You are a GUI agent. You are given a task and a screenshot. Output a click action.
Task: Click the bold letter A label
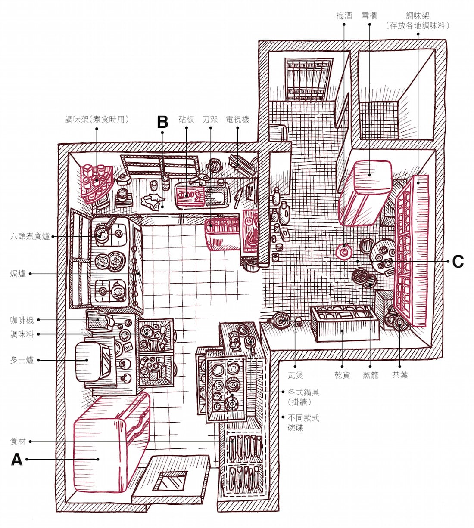pyautogui.click(x=16, y=460)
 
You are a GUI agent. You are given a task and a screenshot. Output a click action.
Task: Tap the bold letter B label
pyautogui.click(x=162, y=122)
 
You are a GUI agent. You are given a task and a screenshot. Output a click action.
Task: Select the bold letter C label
pyautogui.click(x=457, y=261)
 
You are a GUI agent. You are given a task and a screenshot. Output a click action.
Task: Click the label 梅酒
pyautogui.click(x=344, y=16)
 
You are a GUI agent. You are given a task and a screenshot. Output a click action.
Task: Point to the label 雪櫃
pyautogui.click(x=369, y=16)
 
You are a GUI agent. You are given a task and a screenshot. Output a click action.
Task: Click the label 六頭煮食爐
pyautogui.click(x=30, y=236)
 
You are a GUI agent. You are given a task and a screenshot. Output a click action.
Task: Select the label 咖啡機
pyautogui.click(x=22, y=320)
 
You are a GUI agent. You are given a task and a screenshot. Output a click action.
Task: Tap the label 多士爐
pyautogui.click(x=22, y=360)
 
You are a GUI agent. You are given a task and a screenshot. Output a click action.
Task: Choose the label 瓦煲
pyautogui.click(x=295, y=375)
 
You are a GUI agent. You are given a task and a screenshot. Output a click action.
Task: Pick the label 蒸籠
pyautogui.click(x=370, y=375)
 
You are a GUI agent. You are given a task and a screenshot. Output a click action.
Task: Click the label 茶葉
pyautogui.click(x=400, y=375)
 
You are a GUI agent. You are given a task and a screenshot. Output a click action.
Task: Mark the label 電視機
pyautogui.click(x=237, y=119)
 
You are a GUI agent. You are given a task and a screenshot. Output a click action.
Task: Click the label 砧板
pyautogui.click(x=186, y=119)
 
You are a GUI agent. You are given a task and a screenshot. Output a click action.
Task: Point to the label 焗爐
pyautogui.click(x=18, y=274)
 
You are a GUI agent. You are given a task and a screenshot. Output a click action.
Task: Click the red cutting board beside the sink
pyautogui.click(x=190, y=195)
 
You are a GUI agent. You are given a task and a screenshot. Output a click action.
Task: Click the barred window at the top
pyautogui.click(x=309, y=80)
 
